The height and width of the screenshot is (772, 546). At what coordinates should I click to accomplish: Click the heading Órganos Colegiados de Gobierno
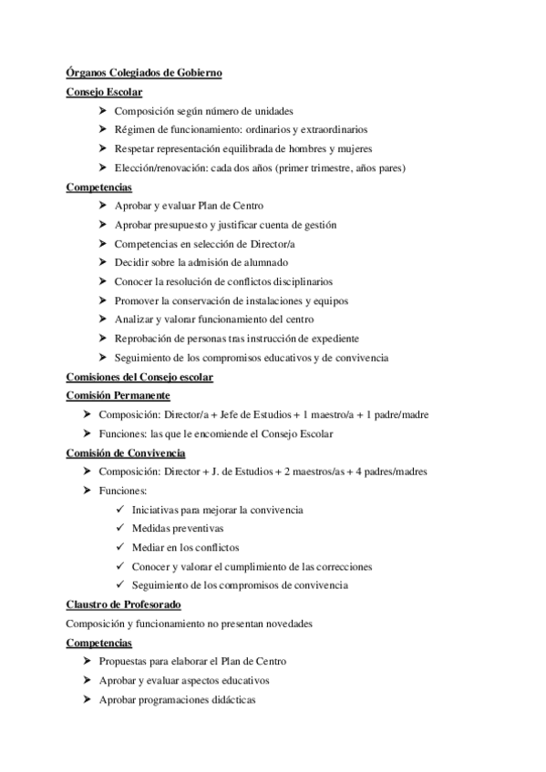pyautogui.click(x=144, y=72)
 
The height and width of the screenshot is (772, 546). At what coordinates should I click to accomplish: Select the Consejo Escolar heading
pyautogui.click(x=104, y=91)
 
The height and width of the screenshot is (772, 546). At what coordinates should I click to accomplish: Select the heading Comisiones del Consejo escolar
pyautogui.click(x=139, y=377)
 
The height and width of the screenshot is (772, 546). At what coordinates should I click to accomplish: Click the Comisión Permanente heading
pyautogui.click(x=118, y=396)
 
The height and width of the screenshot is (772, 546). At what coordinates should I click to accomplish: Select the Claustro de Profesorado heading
pyautogui.click(x=124, y=604)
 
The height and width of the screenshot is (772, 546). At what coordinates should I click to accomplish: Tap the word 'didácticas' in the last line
pyautogui.click(x=232, y=699)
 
